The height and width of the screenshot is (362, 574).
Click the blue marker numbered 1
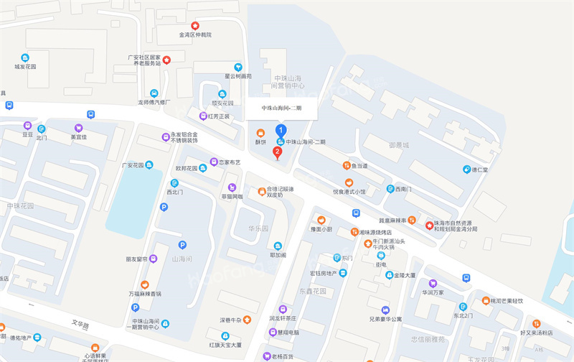281,131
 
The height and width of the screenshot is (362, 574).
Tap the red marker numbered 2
278,152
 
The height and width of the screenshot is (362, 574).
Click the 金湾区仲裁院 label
195,34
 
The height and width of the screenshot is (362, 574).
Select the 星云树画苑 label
237,75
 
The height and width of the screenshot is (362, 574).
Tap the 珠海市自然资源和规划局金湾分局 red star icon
430,225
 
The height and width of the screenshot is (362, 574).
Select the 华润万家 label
432,292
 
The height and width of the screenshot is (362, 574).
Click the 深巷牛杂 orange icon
248,319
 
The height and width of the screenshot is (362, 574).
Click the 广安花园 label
133,164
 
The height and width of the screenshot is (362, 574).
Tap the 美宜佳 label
78,136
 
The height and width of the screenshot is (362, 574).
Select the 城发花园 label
25,67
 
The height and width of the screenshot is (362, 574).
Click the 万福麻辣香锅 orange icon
146,284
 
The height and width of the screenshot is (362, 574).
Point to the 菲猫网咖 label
231,196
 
